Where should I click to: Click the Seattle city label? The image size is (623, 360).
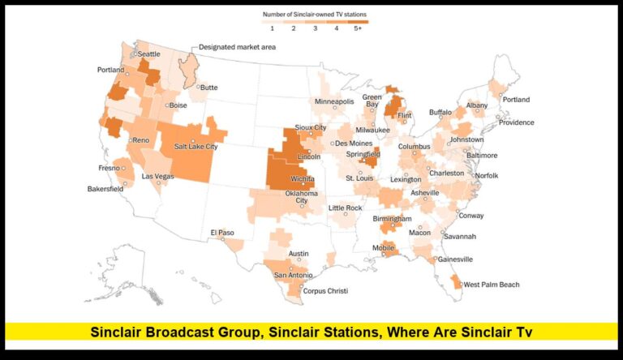pos(148,54)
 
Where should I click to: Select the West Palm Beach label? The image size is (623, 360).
pos(491,285)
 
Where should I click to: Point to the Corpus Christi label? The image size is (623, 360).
pos(325,290)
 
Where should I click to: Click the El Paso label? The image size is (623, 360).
pos(221,233)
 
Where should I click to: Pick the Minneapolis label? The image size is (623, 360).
pos(334,102)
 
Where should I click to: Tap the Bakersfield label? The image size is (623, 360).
pos(105,189)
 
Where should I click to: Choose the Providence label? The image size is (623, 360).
pos(516,122)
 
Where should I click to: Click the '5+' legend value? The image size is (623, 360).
pos(359,28)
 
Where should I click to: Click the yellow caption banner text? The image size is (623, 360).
pos(311,331)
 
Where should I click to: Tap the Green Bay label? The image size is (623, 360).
pos(372,101)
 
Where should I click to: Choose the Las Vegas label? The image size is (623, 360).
pos(157,176)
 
